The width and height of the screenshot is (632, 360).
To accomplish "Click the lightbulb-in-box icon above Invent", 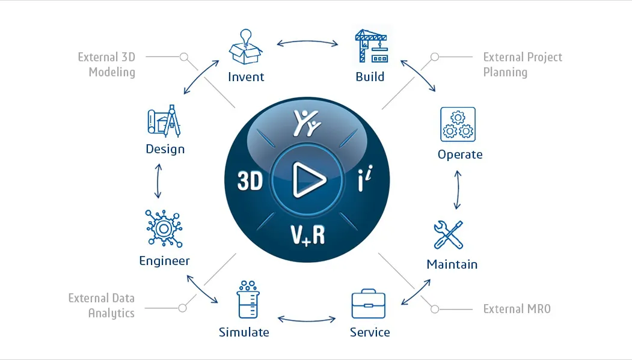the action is (x=245, y=47).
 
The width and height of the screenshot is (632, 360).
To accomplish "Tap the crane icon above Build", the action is (x=371, y=46).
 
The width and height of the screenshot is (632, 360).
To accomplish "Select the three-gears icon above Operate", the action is (x=458, y=124).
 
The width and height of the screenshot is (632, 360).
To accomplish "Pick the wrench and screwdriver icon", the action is (x=449, y=235).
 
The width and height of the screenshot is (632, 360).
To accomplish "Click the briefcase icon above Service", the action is (x=369, y=304).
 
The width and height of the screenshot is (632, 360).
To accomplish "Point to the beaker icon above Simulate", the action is (x=248, y=299).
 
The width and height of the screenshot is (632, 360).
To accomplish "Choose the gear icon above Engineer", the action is (x=164, y=228).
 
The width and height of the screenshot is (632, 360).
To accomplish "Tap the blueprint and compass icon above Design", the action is (x=164, y=121).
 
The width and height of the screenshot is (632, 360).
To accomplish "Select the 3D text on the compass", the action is (x=250, y=181).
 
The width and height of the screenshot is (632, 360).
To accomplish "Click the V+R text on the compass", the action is (x=307, y=235).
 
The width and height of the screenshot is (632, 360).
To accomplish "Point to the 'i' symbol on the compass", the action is (x=365, y=178).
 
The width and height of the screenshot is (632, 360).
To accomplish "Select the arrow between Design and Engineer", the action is (x=158, y=181).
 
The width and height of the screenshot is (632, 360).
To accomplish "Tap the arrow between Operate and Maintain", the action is (x=458, y=190).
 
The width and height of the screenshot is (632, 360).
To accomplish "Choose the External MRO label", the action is (x=517, y=309).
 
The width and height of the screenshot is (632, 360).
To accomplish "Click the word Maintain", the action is (x=452, y=264).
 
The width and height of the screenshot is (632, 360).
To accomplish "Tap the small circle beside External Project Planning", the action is (x=435, y=56).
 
